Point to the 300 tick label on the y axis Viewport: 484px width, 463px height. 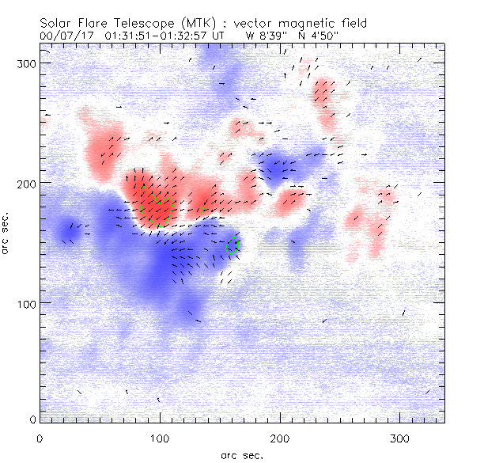click(x=27, y=63)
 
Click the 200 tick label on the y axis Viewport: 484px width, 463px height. click(x=27, y=184)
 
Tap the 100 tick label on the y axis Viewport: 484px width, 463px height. click(x=27, y=304)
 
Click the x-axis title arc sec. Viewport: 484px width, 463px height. click(x=241, y=455)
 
